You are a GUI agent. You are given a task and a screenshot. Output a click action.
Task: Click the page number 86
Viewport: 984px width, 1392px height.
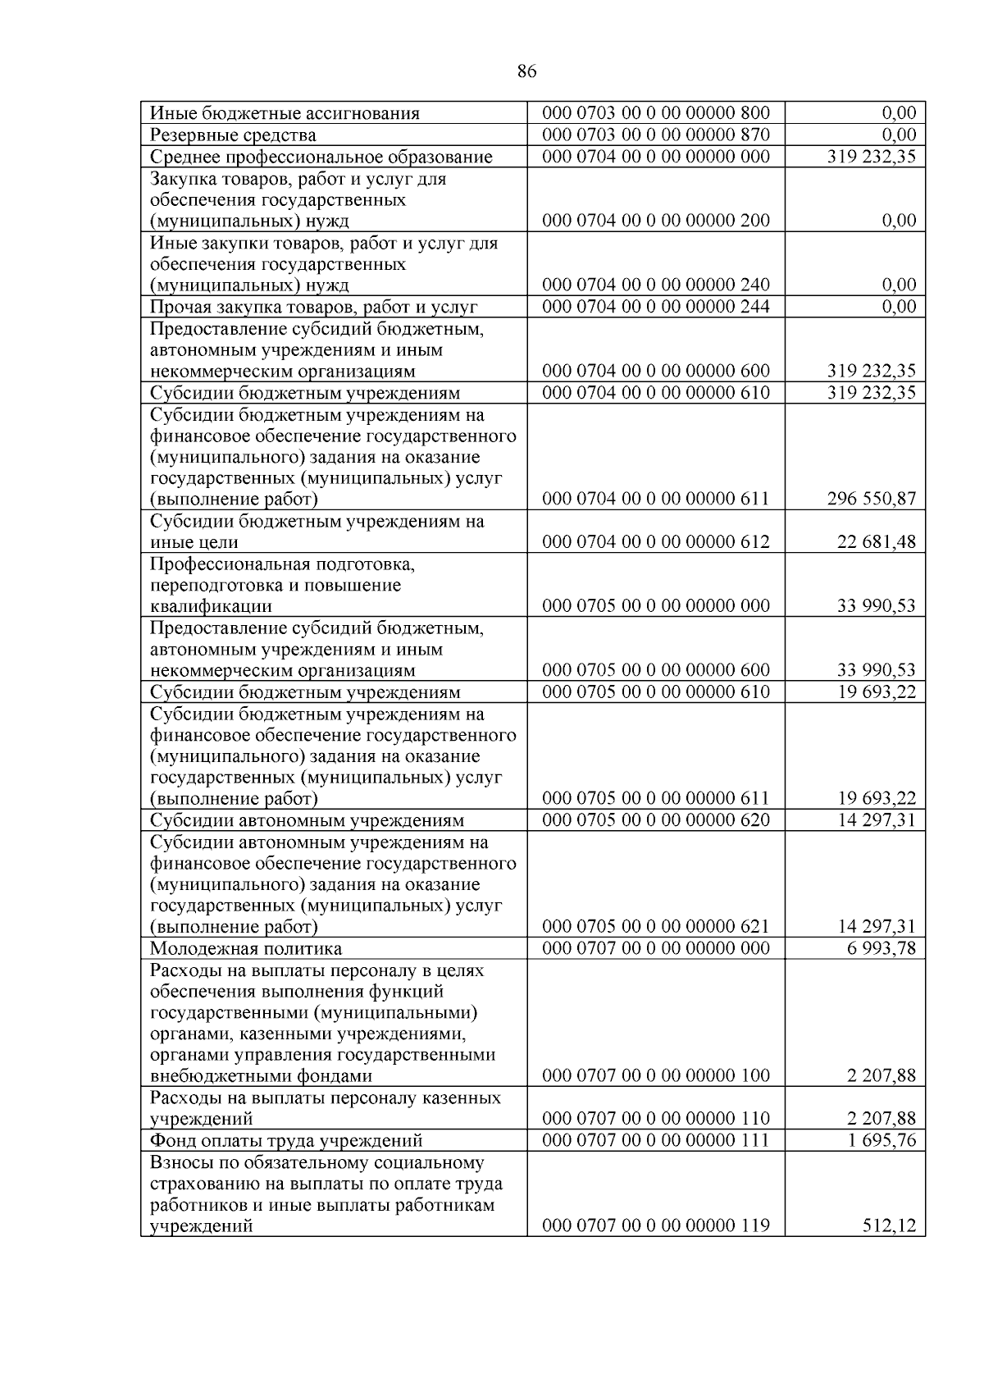click(x=527, y=72)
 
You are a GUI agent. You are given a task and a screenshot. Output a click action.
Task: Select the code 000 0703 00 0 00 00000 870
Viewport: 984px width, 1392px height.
click(x=656, y=135)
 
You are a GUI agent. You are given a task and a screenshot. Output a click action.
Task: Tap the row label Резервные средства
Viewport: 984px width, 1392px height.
click(x=233, y=135)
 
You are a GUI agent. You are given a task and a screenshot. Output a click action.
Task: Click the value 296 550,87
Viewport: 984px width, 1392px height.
click(x=871, y=499)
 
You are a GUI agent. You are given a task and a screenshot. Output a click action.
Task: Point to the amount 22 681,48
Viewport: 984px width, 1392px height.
click(x=876, y=541)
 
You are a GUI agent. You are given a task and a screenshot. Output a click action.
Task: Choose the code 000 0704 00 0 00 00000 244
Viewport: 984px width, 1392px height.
click(x=656, y=307)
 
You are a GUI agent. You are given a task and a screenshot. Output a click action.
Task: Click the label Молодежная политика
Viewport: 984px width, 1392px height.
click(x=246, y=949)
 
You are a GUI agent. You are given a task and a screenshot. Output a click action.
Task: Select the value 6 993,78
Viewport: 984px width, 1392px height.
click(x=881, y=948)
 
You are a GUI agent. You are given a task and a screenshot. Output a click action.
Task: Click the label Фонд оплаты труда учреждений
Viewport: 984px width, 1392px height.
click(x=286, y=1141)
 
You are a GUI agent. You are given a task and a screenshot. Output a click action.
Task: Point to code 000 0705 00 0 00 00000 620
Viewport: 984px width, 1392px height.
click(x=656, y=819)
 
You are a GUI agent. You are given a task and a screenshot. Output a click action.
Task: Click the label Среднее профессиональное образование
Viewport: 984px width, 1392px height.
click(x=321, y=157)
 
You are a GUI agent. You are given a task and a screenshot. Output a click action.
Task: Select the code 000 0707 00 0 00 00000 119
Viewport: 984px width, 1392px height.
click(x=656, y=1225)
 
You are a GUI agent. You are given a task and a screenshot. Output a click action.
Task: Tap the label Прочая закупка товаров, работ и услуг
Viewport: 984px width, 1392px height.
click(x=313, y=308)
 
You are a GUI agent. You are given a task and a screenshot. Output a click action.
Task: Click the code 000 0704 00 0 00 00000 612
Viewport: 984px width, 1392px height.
click(x=656, y=541)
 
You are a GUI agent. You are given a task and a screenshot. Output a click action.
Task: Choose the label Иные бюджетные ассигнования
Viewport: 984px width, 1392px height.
click(x=285, y=113)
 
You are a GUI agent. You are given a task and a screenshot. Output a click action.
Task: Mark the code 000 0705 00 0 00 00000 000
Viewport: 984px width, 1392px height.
click(x=656, y=605)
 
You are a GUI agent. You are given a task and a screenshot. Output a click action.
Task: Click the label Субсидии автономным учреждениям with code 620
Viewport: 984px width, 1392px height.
click(x=307, y=820)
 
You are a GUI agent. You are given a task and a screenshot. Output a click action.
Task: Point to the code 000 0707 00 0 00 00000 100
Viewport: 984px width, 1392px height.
click(x=656, y=1075)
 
